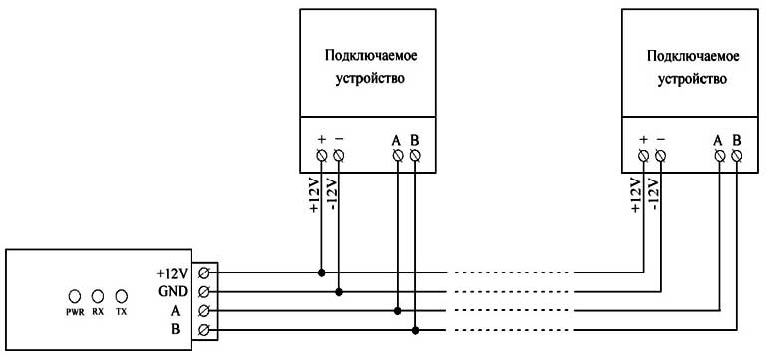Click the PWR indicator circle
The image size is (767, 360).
point(74,296)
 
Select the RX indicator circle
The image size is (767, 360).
point(98,296)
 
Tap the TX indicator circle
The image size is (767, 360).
point(122,296)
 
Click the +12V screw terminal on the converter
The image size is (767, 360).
point(204,272)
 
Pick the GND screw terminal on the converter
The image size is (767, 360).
point(204,292)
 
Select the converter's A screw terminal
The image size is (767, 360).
point(204,311)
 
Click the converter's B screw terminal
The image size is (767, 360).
point(204,330)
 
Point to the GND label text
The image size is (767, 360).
point(172,291)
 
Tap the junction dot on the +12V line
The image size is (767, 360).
point(321,272)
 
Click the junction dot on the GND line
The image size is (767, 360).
point(339,292)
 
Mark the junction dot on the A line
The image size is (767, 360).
point(398,311)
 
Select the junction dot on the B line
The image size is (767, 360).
point(416,330)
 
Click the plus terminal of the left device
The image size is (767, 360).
point(321,156)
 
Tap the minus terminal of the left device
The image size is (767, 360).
point(339,156)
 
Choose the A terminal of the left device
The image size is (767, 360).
point(398,156)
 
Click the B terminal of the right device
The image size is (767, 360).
point(737,156)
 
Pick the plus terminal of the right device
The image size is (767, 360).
point(643,156)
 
